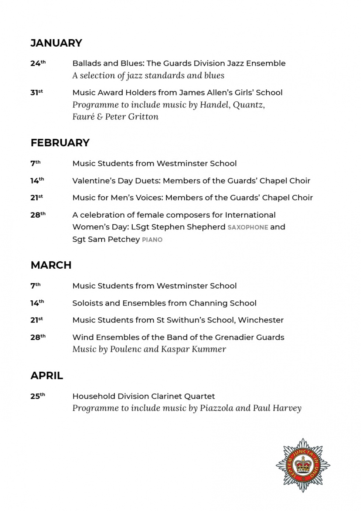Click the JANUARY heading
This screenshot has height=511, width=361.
(x=56, y=43)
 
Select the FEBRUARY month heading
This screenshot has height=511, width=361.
(x=60, y=143)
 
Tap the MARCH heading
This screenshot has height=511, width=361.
(x=51, y=265)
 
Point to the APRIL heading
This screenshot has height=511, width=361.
(x=47, y=376)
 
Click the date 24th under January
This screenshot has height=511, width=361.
(x=38, y=63)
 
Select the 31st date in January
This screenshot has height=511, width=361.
(x=36, y=93)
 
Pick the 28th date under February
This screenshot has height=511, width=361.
(x=38, y=215)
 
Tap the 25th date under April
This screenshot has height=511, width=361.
(x=38, y=396)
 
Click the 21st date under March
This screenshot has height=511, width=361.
(x=36, y=320)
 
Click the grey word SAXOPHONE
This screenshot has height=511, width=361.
(x=248, y=228)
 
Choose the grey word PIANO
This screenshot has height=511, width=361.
(x=152, y=240)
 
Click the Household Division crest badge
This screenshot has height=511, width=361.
(x=303, y=465)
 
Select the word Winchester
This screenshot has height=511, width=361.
(x=261, y=320)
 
